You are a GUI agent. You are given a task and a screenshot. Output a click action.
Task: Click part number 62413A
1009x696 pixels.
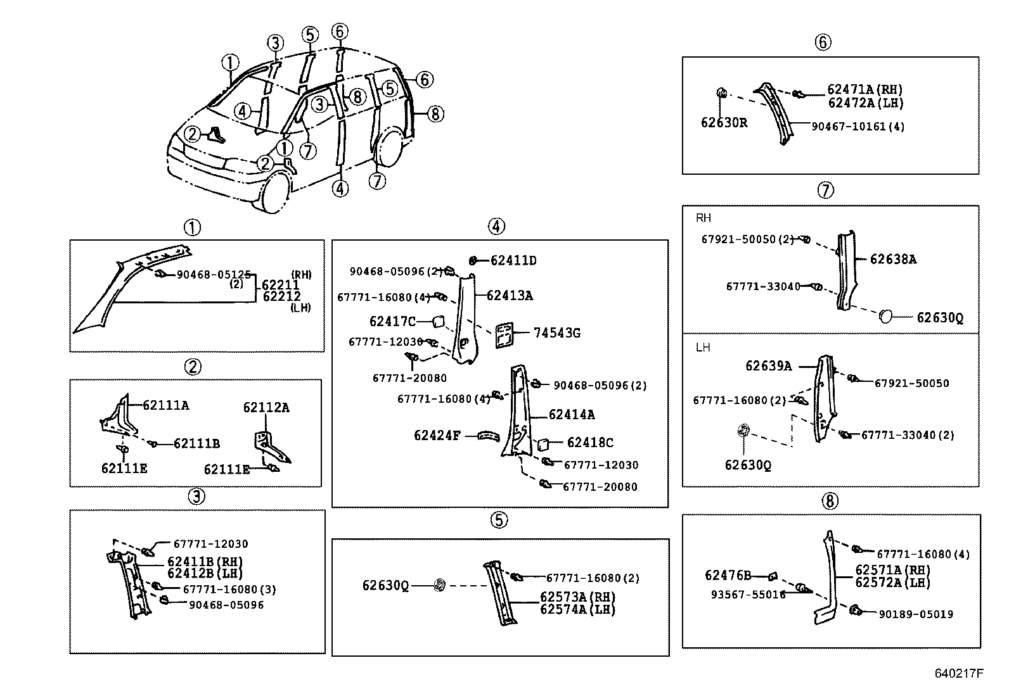(x=510, y=296)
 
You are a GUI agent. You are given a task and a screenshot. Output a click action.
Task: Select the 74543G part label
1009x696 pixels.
(x=556, y=333)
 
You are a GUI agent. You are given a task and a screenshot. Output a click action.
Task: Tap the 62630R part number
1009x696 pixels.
(x=723, y=123)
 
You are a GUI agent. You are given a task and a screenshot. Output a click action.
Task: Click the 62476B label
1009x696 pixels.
(x=728, y=576)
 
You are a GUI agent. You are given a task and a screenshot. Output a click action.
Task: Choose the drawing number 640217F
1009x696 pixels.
(x=958, y=673)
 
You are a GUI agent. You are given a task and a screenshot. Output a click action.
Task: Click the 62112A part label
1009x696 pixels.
(x=266, y=408)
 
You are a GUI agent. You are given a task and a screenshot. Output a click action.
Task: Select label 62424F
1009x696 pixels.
(x=437, y=436)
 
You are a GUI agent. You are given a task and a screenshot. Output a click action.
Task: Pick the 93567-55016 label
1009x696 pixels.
(x=748, y=595)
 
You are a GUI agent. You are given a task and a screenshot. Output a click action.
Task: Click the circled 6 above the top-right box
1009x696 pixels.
(x=822, y=42)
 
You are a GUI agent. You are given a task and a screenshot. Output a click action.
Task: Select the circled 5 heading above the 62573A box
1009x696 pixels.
(x=499, y=520)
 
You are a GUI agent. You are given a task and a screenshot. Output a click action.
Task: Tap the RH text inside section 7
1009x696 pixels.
(x=703, y=218)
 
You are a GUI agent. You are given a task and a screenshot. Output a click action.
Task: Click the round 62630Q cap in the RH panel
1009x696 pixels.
(x=885, y=315)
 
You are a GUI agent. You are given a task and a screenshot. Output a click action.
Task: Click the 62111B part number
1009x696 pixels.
(x=196, y=444)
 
